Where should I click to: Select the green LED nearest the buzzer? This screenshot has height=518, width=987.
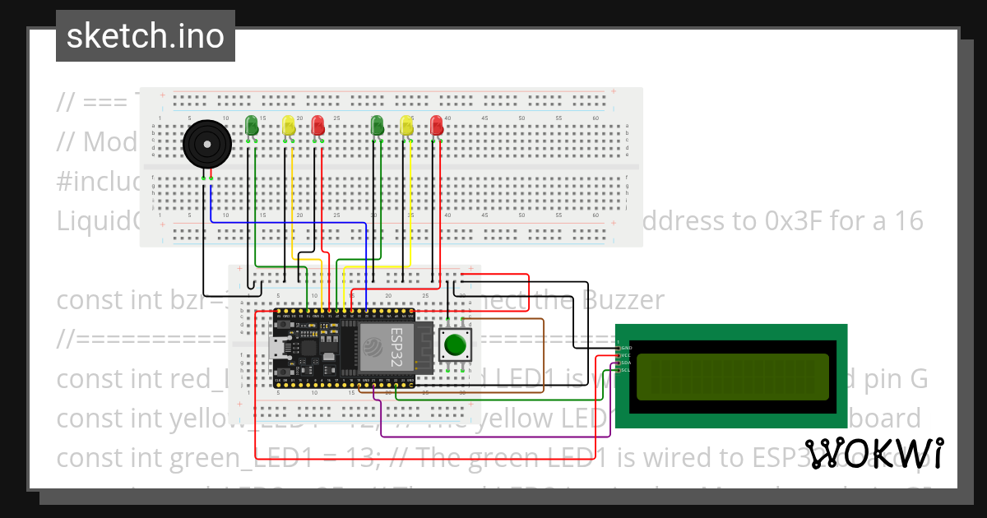click(x=253, y=126)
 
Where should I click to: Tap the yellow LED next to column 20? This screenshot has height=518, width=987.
click(x=288, y=126)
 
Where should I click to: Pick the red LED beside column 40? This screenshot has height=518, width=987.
click(x=436, y=126)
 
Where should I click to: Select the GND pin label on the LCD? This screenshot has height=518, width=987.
click(x=625, y=348)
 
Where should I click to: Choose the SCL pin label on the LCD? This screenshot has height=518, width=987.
click(x=625, y=370)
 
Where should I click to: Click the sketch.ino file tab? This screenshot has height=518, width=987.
click(x=146, y=36)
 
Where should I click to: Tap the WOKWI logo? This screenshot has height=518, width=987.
click(x=873, y=453)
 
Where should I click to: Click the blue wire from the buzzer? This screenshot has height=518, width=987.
click(x=280, y=222)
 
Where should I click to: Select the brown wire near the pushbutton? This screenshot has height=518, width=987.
click(x=544, y=354)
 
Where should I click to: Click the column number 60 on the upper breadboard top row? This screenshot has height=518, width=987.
click(x=595, y=118)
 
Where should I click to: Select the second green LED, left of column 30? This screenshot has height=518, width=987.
click(x=378, y=126)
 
